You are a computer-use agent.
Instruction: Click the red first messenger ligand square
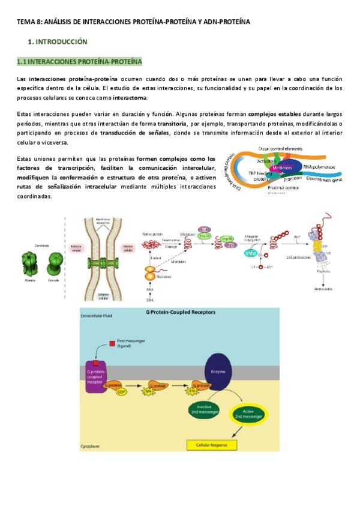(x=112, y=343)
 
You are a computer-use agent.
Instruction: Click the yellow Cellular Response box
(x=207, y=445)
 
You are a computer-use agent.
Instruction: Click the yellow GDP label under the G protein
(x=122, y=392)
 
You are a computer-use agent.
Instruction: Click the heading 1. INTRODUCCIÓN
(x=58, y=42)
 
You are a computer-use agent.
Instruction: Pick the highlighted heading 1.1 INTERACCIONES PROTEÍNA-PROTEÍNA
(x=79, y=61)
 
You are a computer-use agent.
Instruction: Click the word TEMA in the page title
(x=26, y=22)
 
